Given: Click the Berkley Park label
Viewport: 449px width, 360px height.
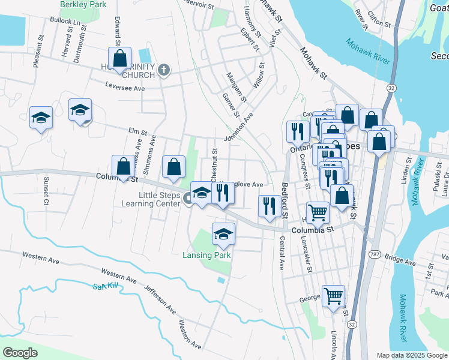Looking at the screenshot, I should pos(82,4).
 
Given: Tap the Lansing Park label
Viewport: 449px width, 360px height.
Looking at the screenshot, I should pos(207,255).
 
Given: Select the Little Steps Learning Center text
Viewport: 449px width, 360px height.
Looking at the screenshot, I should pos(160,199).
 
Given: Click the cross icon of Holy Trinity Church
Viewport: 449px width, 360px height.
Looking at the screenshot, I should pos(163,71).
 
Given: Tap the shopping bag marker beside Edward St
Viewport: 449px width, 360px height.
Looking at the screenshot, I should pos(120,59).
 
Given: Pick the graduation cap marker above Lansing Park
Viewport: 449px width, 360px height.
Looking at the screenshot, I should pos(223,234).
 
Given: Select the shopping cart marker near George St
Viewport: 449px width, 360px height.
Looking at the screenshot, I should pos(333,296).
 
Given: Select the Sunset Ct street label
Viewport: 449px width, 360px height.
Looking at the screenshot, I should pos(45,190).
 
